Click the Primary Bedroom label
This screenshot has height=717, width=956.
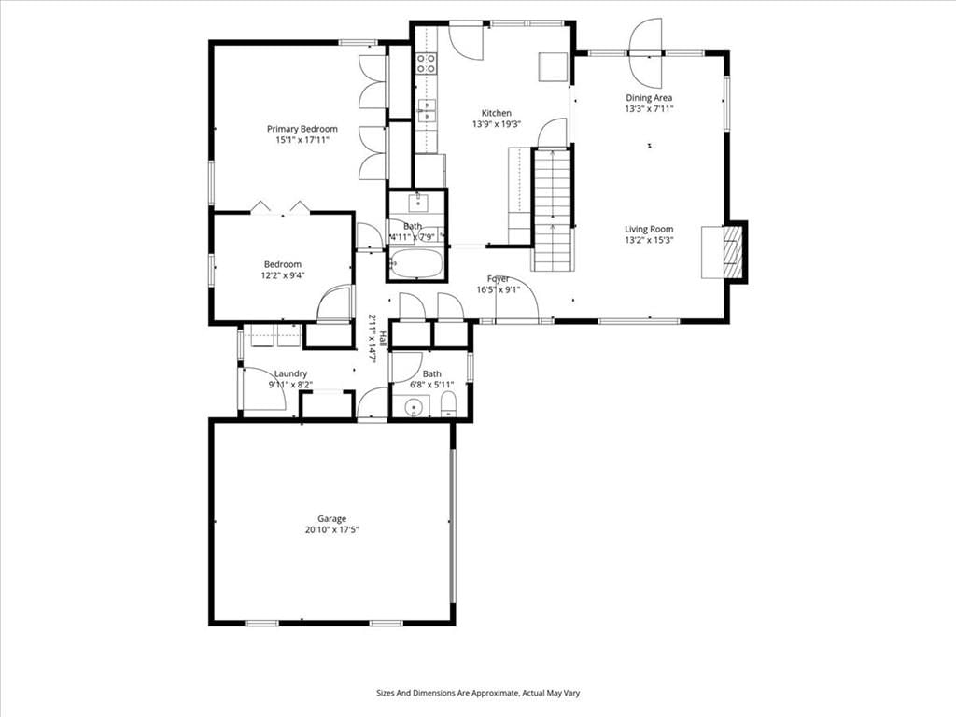coord(302,129)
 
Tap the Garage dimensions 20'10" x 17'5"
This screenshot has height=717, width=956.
coord(331,530)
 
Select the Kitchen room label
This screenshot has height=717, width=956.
coord(497,113)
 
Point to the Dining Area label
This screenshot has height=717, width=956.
coord(649,97)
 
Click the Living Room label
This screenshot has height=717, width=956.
coord(649,230)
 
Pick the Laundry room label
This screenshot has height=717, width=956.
coord(291,373)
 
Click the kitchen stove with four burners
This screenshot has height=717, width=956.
coord(426,63)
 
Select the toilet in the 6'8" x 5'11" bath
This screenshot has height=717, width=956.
coord(448,406)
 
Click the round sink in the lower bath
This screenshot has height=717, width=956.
coord(415,406)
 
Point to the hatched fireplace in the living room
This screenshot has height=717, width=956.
coord(732,252)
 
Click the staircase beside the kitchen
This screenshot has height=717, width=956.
coord(553,209)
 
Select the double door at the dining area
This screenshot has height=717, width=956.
coord(646,53)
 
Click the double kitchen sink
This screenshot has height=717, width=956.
coord(427,110)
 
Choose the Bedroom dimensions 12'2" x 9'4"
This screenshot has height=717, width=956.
coord(283,275)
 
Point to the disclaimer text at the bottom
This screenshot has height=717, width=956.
coord(478,694)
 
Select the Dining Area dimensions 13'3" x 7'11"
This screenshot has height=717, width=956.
coord(649,109)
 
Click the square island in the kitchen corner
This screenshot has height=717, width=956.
coord(554,66)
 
